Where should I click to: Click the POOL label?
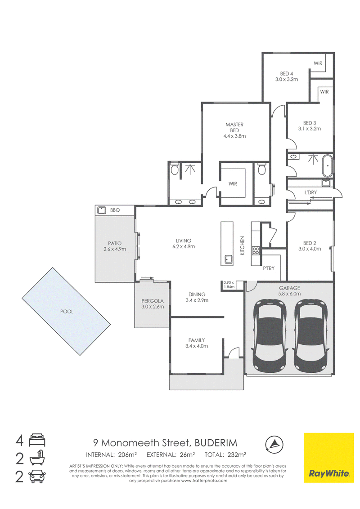coord(67,312)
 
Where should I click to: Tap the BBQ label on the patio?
coord(115,210)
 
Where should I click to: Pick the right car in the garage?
coord(310,336)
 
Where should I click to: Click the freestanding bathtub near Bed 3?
coord(327,165)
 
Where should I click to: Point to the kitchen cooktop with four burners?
coord(256,250)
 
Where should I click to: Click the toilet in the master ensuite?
coord(175,169)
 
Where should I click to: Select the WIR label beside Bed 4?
coord(318,63)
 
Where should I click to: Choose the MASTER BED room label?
coord(234,127)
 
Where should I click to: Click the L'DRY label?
coord(310,192)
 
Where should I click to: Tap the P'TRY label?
coord(269,268)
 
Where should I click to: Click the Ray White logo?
coord(329,458)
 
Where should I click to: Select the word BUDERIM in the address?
coord(216,443)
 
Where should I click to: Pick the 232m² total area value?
coord(236,455)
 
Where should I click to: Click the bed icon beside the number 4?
coord(37,441)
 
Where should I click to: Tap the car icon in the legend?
coord(37,476)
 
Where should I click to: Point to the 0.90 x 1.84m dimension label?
coord(229,285)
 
